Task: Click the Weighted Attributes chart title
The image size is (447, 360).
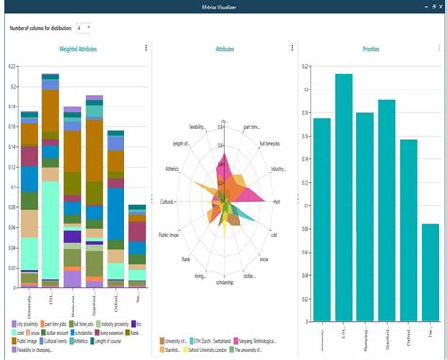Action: [x=80, y=48]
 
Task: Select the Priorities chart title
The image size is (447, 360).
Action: [x=372, y=48]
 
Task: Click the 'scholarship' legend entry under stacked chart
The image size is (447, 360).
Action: [x=87, y=332]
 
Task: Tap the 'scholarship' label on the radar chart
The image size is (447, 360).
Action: [x=223, y=282]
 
